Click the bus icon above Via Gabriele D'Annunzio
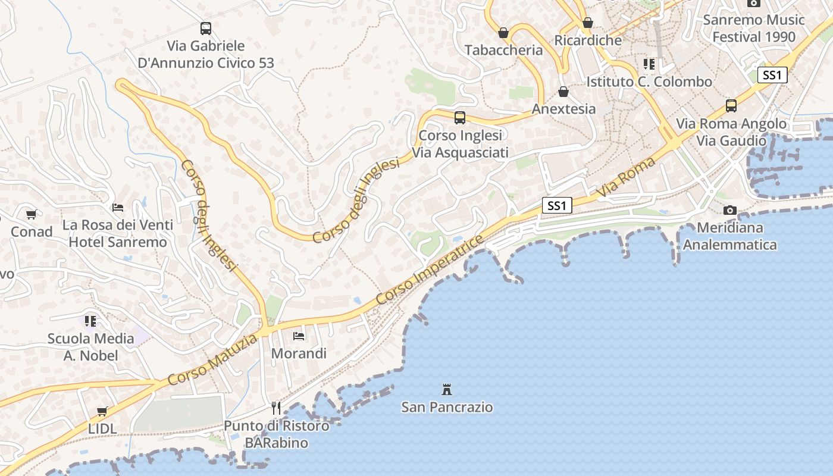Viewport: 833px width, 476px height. pyautogui.click(x=205, y=28)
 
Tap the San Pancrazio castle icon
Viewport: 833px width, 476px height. pyautogui.click(x=446, y=390)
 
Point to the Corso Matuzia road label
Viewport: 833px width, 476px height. pyautogui.click(x=213, y=359)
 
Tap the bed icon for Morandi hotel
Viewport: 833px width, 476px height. pyautogui.click(x=299, y=336)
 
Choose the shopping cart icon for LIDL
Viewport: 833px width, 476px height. pyautogui.click(x=102, y=411)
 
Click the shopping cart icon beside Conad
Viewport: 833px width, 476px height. pyautogui.click(x=31, y=214)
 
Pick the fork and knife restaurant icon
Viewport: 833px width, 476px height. pyautogui.click(x=276, y=408)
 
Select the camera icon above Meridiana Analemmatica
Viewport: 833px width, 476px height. pyautogui.click(x=729, y=210)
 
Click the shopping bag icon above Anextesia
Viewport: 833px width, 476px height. pyautogui.click(x=563, y=92)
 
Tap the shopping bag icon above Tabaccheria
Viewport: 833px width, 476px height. pyautogui.click(x=503, y=33)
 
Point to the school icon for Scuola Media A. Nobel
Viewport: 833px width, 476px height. pyautogui.click(x=90, y=321)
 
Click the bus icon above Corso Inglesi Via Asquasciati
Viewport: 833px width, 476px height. pyautogui.click(x=459, y=118)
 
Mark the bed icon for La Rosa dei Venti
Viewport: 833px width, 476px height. pyautogui.click(x=118, y=208)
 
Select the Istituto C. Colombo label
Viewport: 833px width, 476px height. pyautogui.click(x=649, y=82)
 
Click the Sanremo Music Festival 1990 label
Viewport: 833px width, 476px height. pyautogui.click(x=754, y=28)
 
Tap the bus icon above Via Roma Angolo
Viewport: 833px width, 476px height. pyautogui.click(x=731, y=106)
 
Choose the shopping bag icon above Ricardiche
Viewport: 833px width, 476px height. pyautogui.click(x=588, y=23)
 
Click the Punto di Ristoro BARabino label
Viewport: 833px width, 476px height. pyautogui.click(x=277, y=434)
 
